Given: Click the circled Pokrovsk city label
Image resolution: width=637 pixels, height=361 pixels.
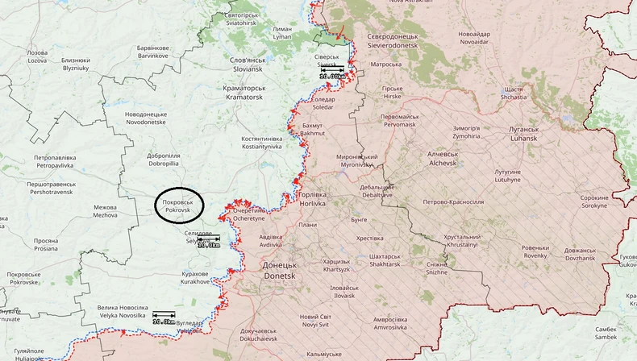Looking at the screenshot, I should coord(177,205).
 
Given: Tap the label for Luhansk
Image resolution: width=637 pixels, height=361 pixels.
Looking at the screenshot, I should coord(529,134).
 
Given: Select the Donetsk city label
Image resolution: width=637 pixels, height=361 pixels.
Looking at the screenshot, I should coord(280,270).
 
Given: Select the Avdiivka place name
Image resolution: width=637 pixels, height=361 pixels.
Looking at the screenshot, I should coord(270,241).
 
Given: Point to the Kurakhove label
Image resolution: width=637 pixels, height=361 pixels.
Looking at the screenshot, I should coord(194,278).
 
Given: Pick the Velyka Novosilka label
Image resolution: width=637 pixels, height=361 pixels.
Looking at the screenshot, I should coord(123,312).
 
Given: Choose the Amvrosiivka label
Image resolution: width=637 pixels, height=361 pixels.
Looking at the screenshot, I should coord(373,323).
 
